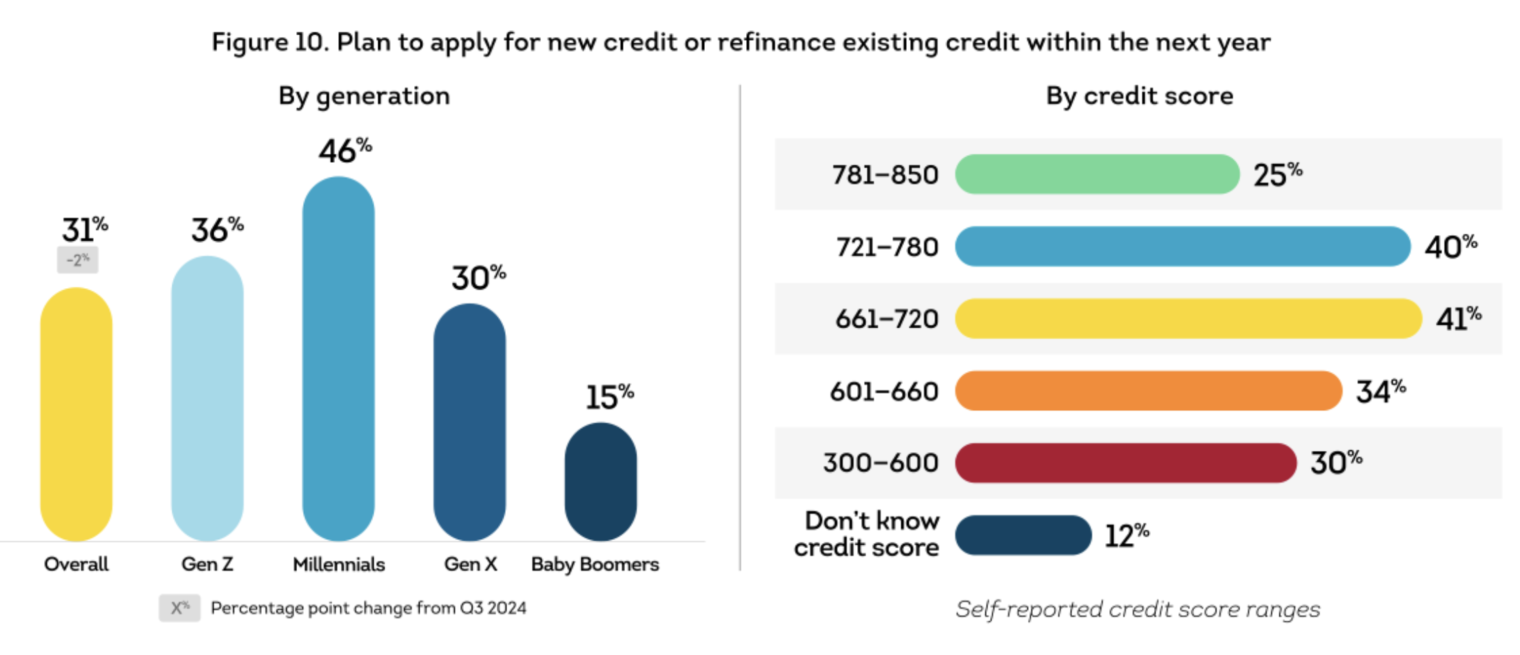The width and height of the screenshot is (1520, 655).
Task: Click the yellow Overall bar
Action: (x=76, y=414)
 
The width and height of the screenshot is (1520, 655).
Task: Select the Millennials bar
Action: (x=338, y=359)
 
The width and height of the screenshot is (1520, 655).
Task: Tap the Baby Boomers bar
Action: (x=600, y=481)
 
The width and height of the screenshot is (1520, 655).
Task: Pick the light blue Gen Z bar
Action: (x=207, y=399)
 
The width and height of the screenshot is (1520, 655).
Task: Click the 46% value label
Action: (x=345, y=150)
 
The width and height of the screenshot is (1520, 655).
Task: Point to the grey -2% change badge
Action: (x=77, y=260)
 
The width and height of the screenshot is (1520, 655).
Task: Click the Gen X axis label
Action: (x=471, y=564)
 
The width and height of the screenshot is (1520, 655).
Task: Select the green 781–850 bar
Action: (x=1097, y=174)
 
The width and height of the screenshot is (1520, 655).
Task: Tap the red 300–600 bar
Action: (x=1125, y=463)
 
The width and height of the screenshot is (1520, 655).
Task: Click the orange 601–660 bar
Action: (x=1148, y=391)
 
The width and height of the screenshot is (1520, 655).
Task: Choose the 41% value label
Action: (x=1458, y=319)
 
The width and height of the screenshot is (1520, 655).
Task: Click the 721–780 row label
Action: (x=887, y=247)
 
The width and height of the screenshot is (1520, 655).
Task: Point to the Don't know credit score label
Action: (x=867, y=534)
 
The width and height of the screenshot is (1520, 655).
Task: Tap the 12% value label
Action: (x=1127, y=535)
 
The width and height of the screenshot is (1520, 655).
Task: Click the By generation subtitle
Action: (x=364, y=96)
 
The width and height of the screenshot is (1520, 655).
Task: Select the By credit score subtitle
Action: (x=1139, y=96)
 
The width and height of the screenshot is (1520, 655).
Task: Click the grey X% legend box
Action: (x=179, y=608)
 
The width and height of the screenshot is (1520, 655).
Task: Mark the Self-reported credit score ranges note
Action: (x=1137, y=609)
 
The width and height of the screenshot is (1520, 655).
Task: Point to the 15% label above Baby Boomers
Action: (x=609, y=396)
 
